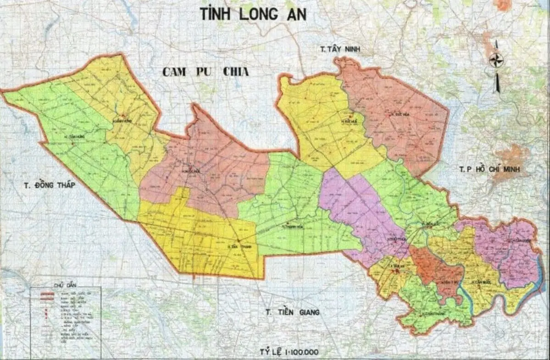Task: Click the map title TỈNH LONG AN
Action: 253,14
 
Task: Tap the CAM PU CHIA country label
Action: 205,72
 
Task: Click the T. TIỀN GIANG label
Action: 292,312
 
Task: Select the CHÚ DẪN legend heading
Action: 64,285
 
